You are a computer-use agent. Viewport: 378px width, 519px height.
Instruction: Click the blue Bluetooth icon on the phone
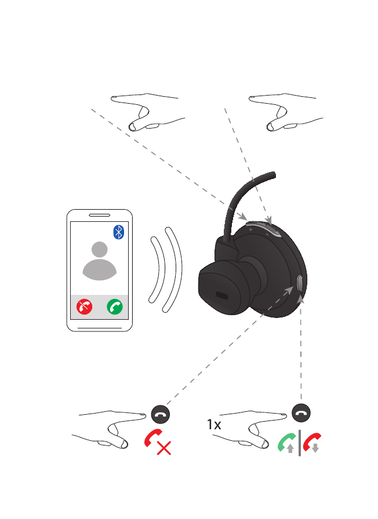[118, 232]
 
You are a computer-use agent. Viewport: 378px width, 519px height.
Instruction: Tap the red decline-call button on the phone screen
[85, 307]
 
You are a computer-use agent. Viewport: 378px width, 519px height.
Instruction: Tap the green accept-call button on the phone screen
[115, 307]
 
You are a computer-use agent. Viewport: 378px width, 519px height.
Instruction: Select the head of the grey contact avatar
[100, 250]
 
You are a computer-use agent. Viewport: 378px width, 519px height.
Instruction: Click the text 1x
[214, 425]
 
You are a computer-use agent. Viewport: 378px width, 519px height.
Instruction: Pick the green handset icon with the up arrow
[287, 444]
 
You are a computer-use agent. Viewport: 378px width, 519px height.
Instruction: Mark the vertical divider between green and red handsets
[299, 444]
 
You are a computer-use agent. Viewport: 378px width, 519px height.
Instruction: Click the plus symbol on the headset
[250, 230]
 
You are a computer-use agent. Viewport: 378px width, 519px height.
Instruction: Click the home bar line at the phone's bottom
[100, 326]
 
